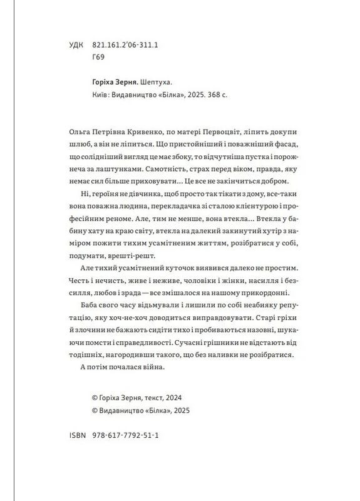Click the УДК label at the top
(x=73, y=45)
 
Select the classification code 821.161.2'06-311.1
(x=126, y=45)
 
